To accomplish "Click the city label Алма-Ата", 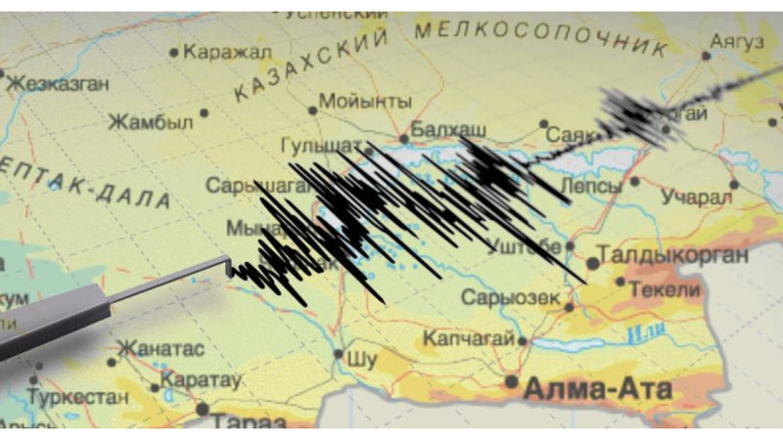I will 598,389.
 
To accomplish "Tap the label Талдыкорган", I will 673,256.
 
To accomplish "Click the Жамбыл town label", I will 150,122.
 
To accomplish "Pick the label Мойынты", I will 365,101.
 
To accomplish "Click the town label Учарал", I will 697,197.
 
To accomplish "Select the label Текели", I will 666,289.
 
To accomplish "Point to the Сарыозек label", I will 511,297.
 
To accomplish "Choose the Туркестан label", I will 77,398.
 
